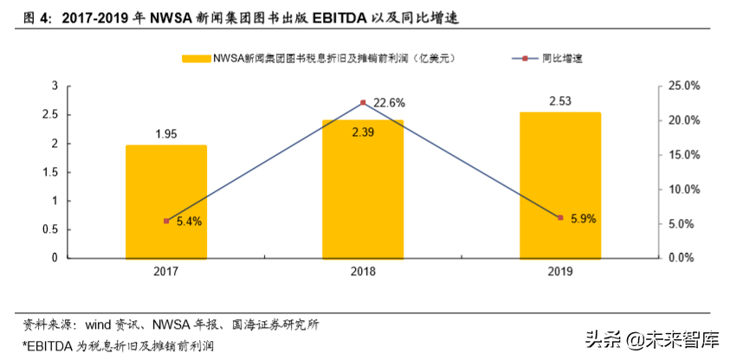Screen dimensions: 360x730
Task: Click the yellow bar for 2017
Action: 166,201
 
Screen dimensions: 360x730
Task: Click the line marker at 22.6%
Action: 363,103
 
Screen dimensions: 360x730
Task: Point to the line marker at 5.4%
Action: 166,221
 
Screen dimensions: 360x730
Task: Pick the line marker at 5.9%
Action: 559,217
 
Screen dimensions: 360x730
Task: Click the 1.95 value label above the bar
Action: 166,133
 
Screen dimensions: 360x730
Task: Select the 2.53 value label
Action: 559,101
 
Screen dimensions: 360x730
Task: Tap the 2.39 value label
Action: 363,132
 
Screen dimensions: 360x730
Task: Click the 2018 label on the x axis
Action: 363,272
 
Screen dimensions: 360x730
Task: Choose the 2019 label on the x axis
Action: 559,272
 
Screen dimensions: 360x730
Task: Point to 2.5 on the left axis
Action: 51,114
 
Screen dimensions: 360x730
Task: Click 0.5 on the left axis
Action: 51,229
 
